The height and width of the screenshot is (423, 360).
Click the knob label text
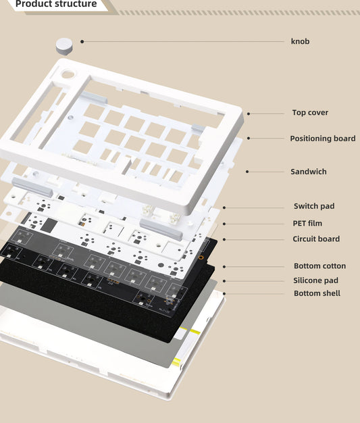[300, 41]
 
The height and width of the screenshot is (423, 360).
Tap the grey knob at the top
[63, 45]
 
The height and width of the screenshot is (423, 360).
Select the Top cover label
[310, 113]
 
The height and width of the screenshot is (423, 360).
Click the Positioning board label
[322, 139]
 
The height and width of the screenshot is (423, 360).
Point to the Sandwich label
[308, 172]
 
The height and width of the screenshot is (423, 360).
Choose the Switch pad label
[313, 206]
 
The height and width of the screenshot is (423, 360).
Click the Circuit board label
[315, 239]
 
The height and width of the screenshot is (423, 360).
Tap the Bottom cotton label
[319, 266]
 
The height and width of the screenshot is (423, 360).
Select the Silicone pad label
[315, 280]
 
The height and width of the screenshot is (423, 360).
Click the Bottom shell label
[317, 293]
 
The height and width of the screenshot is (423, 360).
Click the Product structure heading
[55, 5]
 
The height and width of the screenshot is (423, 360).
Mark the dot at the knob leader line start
[82, 41]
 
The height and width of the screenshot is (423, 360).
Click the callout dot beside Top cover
[249, 114]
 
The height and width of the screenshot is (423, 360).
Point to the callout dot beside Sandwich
[247, 172]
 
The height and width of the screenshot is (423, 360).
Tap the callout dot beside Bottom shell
[224, 293]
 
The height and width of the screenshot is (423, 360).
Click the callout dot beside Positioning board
[249, 139]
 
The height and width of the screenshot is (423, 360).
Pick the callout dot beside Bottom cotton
[224, 266]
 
